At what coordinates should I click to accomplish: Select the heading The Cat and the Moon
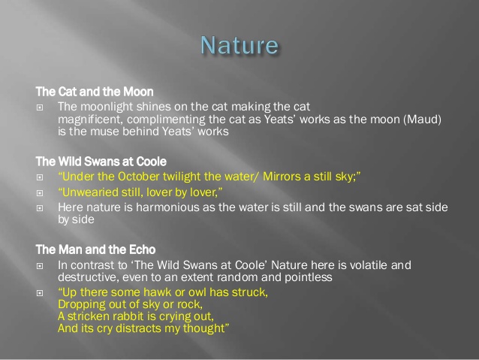tap(95, 92)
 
